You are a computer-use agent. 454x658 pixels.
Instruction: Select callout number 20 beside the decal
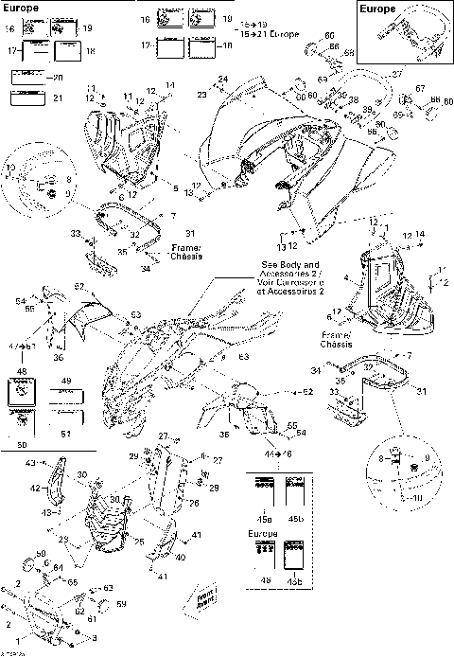click(58, 78)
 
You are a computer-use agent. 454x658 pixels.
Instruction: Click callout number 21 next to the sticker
click(58, 97)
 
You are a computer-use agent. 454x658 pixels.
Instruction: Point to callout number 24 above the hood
click(224, 79)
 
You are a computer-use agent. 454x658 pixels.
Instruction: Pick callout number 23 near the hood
click(201, 94)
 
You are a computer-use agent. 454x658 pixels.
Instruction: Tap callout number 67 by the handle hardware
click(419, 88)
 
